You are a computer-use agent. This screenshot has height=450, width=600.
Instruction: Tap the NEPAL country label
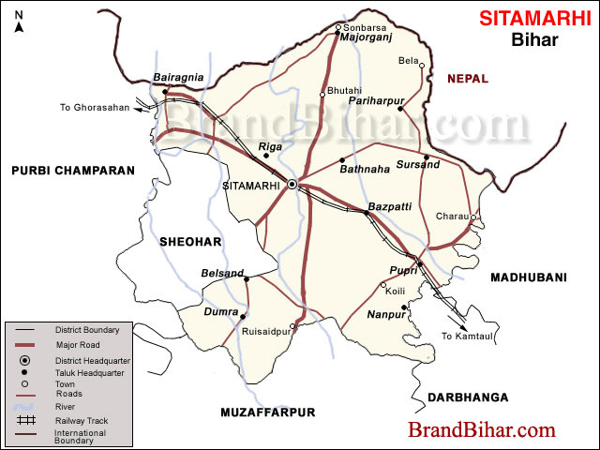[468, 80]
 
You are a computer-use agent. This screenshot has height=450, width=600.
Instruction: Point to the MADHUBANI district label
[530, 277]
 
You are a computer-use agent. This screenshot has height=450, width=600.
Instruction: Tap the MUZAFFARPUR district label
[268, 412]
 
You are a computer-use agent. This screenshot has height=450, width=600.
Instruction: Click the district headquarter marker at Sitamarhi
[292, 185]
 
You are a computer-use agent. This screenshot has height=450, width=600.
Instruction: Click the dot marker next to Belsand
[247, 278]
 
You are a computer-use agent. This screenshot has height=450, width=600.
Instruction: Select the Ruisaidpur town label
[265, 329]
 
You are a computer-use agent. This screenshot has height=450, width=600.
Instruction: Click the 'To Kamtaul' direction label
[465, 336]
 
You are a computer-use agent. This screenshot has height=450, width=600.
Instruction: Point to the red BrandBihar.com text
[481, 430]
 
